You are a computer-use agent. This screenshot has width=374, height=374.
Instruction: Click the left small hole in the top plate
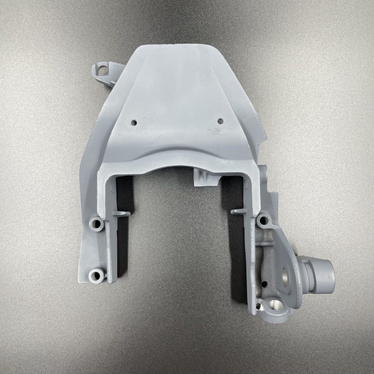[134, 122]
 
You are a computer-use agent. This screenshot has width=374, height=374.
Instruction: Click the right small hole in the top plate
[220, 121]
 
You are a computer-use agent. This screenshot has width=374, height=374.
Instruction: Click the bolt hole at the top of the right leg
[264, 219]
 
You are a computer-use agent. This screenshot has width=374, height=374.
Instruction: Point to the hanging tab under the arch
[203, 178]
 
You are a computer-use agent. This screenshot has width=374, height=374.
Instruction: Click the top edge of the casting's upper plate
[175, 45]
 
